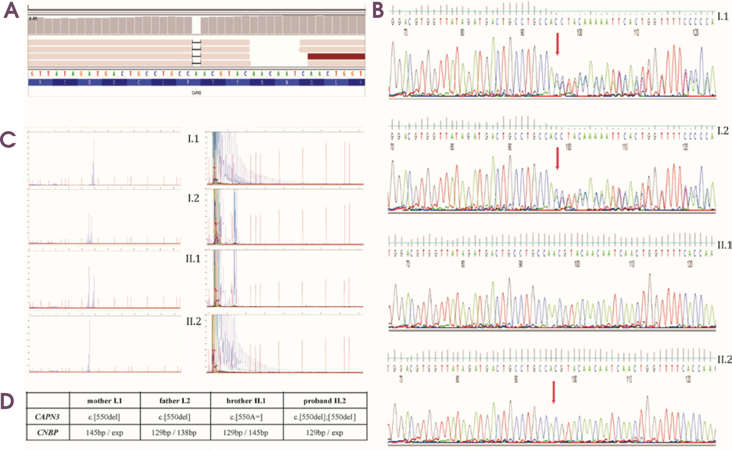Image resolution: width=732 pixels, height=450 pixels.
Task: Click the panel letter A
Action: [11, 11]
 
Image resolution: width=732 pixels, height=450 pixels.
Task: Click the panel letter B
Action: [378, 11]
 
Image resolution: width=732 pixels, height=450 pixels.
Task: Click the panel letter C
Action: [8, 139]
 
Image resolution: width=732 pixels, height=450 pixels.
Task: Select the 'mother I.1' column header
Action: [105, 401]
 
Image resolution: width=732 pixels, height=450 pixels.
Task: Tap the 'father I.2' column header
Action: [175, 401]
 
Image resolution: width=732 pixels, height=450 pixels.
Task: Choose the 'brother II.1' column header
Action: [246, 401]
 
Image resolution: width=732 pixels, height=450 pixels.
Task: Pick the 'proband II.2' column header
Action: [325, 401]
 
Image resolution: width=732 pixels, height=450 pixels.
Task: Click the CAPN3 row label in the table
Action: [47, 417]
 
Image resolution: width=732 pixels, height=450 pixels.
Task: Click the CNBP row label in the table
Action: [48, 432]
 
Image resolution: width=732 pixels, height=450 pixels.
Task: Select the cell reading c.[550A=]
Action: [246, 417]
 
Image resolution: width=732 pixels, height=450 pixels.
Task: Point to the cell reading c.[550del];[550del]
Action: [325, 417]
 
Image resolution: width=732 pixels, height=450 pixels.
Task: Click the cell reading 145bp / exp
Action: [105, 432]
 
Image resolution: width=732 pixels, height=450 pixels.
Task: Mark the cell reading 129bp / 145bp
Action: [246, 432]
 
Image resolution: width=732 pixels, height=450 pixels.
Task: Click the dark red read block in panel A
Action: [336, 57]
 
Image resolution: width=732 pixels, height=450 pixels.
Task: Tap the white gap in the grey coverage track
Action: [196, 25]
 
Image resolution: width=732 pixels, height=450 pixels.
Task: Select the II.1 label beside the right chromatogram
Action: [724, 245]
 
